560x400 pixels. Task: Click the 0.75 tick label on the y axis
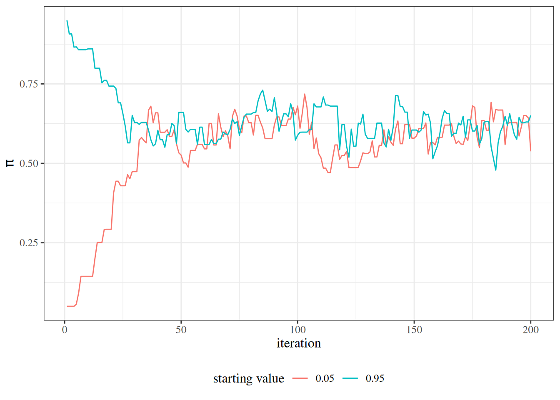29,84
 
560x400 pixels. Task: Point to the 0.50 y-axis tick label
29,164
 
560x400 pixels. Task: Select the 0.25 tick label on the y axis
29,243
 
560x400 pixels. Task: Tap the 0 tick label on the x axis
65,330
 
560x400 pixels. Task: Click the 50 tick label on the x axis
181,330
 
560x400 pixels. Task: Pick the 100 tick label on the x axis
298,330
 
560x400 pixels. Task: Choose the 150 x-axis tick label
414,330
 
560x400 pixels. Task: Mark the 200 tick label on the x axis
530,330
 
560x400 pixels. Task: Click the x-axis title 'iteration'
298,343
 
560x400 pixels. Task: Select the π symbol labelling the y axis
10,163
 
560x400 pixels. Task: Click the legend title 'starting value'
248,379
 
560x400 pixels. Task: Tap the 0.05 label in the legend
325,378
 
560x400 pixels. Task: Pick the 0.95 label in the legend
375,378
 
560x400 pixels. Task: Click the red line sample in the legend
300,378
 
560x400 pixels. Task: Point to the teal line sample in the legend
350,378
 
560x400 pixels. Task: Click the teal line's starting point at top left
67,21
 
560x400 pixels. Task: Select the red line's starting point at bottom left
67,306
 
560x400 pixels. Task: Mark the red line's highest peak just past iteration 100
305,94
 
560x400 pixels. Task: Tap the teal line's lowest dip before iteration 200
496,170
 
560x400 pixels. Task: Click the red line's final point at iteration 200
530,151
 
